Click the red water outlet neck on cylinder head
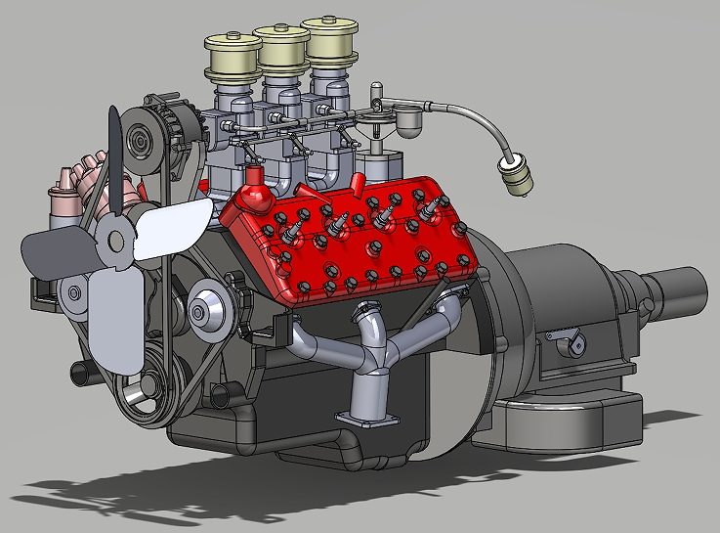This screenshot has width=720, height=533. pos(256,190)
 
